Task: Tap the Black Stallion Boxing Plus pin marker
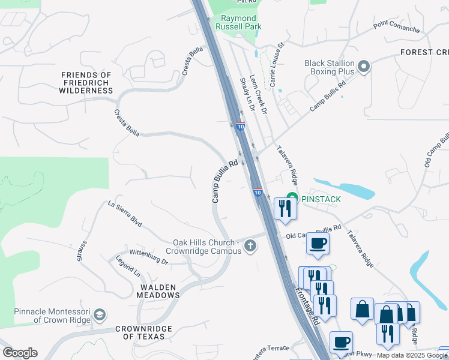363,67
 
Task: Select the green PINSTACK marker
292,198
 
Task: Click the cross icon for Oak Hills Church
250,246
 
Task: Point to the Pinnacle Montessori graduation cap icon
99,315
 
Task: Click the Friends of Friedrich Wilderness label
86,83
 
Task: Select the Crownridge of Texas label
143,332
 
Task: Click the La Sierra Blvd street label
124,214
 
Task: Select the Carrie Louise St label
277,65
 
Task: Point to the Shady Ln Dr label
247,94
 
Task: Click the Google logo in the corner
20,353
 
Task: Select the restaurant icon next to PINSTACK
283,208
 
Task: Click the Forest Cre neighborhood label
424,52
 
